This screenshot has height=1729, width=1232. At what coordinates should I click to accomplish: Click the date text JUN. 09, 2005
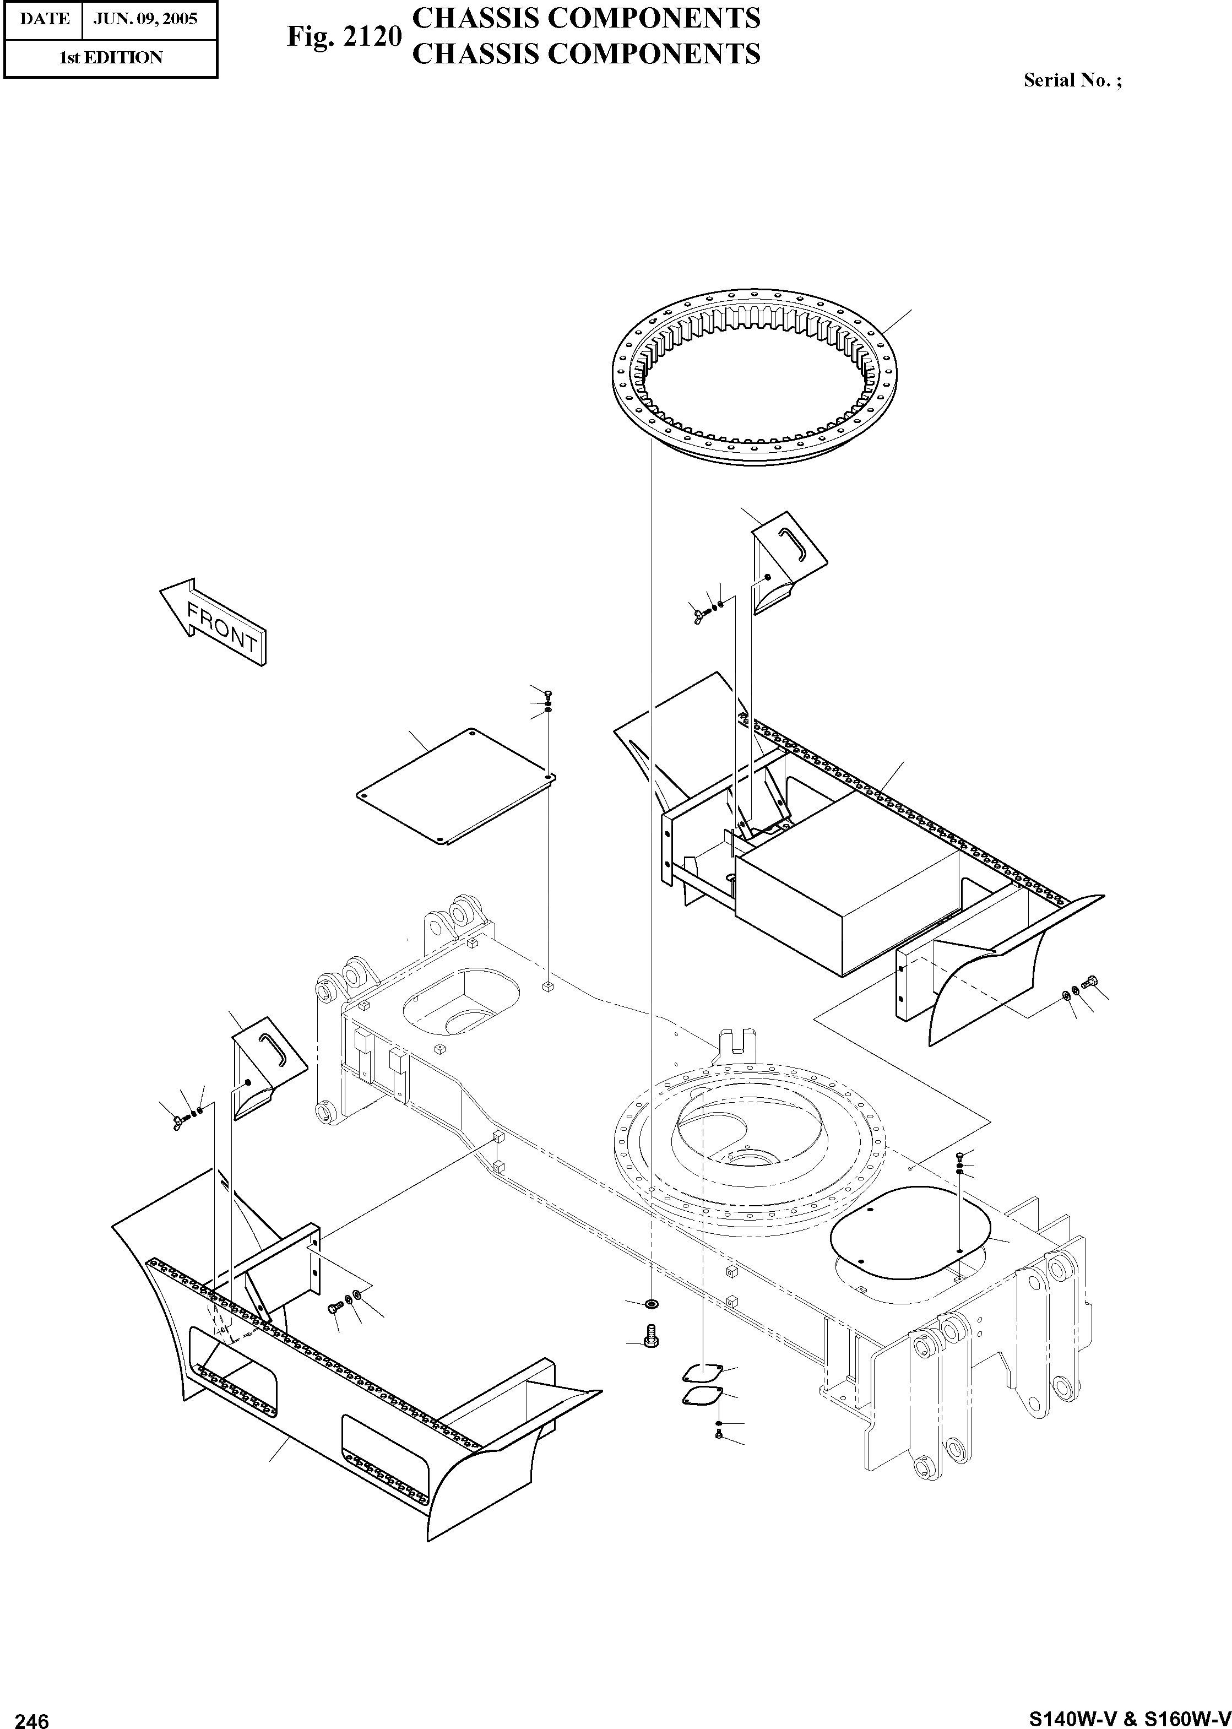[x=145, y=19]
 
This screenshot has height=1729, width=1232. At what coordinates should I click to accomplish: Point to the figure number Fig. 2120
[x=343, y=36]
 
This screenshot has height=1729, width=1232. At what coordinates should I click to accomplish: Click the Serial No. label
[x=1072, y=80]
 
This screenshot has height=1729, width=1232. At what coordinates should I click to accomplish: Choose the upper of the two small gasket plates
[x=701, y=1372]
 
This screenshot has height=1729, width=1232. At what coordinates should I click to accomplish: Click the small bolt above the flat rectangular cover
[x=548, y=693]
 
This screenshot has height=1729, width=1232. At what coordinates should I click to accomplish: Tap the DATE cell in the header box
[x=44, y=19]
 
